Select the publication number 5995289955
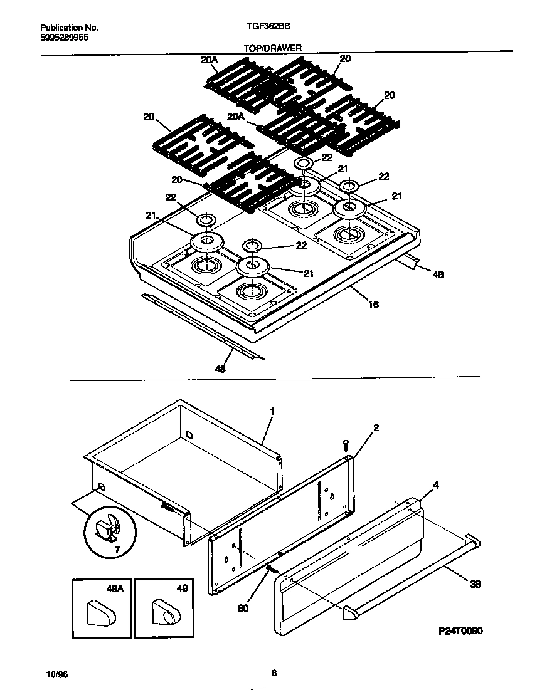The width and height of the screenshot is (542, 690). click(65, 38)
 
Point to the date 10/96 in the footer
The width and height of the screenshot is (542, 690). click(57, 674)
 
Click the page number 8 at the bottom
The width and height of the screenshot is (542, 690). click(274, 674)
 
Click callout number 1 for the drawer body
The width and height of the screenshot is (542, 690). click(272, 411)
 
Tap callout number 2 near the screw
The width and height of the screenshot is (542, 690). click(376, 428)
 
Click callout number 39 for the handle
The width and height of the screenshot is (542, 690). click(476, 584)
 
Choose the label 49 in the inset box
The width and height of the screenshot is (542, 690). click(182, 588)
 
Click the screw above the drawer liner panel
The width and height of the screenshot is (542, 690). click(346, 446)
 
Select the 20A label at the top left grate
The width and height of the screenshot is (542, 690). click(209, 60)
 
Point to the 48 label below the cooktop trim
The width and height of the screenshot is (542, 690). click(220, 369)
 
